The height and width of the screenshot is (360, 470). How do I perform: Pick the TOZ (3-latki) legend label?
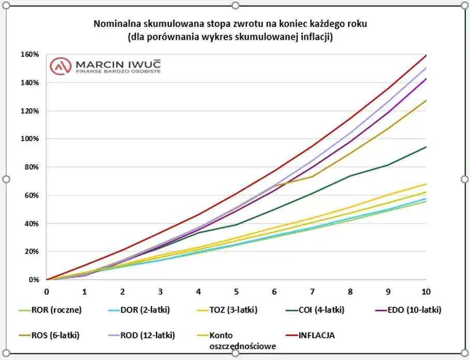tap(233, 310)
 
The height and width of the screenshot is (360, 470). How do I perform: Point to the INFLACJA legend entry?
tap(316, 335)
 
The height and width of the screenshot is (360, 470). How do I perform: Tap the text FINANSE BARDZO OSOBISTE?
tap(118, 71)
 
